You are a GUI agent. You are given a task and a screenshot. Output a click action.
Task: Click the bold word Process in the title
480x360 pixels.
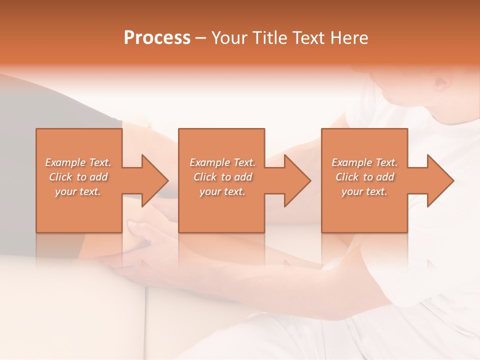pyautogui.click(x=157, y=37)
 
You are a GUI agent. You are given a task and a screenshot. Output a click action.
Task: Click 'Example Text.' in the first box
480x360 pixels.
pyautogui.click(x=78, y=162)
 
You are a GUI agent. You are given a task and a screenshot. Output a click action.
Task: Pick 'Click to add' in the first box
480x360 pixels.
pyautogui.click(x=78, y=177)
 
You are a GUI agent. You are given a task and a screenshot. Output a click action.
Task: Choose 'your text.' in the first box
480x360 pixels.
pyautogui.click(x=78, y=191)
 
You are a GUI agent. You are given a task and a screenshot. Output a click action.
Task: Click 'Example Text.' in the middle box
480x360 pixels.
pyautogui.click(x=222, y=162)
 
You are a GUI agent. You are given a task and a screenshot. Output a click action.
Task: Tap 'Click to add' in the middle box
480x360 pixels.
pyautogui.click(x=222, y=177)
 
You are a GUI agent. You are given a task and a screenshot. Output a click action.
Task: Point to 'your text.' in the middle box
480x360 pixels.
pyautogui.click(x=222, y=191)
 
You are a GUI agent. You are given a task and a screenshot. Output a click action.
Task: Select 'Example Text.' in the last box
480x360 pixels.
pyautogui.click(x=364, y=162)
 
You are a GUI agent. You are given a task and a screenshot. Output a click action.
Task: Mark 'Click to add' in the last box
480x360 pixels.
pyautogui.click(x=364, y=177)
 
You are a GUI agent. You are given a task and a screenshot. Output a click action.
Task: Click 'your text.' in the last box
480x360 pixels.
pyautogui.click(x=364, y=191)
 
